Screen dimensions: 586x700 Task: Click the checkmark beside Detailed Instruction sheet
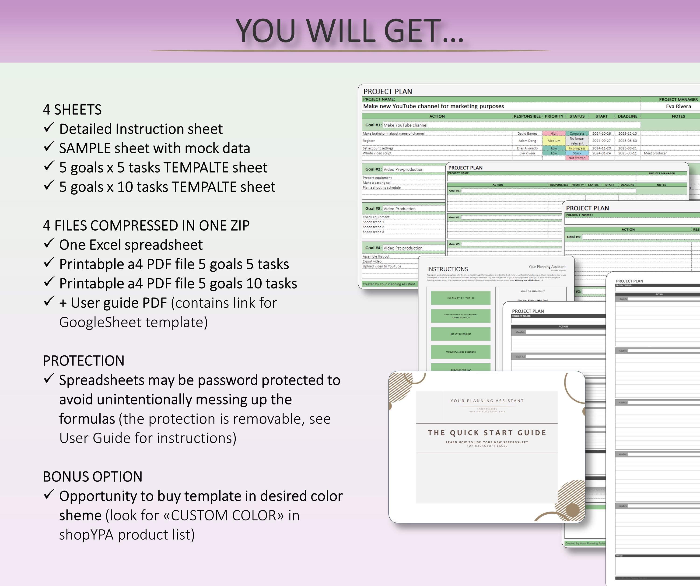(x=49, y=127)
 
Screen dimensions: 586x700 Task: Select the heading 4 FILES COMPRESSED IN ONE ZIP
(x=146, y=226)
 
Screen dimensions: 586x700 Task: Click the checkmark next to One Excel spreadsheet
(x=49, y=243)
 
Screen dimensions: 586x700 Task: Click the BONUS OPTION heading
(x=92, y=477)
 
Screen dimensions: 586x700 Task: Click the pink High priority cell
(x=554, y=133)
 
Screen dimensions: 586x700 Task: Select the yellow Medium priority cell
(x=554, y=141)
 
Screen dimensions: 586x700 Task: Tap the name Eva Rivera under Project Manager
(x=678, y=106)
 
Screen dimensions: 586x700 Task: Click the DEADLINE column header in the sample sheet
(x=627, y=116)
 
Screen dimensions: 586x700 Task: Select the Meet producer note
(x=655, y=153)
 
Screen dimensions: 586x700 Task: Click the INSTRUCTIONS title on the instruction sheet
(x=447, y=269)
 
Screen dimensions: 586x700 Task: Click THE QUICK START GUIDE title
(x=487, y=433)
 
